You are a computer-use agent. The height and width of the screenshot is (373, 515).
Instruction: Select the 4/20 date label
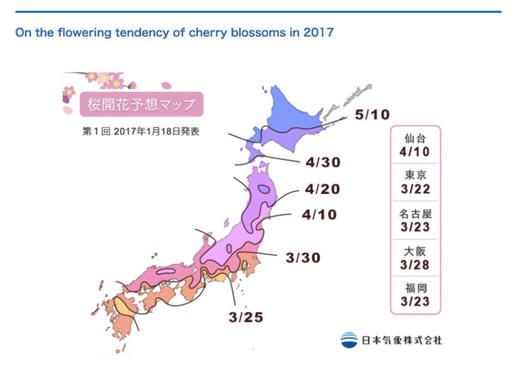[x=322, y=190]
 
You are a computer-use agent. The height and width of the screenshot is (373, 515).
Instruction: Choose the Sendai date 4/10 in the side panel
[x=415, y=151]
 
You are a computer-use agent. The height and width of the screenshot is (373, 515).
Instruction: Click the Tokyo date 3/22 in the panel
[x=415, y=189]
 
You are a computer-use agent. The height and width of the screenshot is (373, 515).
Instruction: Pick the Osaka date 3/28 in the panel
[x=415, y=264]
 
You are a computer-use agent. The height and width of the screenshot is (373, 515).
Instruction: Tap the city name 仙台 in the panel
[x=415, y=138]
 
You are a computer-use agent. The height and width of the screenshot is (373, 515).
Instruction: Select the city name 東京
[x=415, y=176]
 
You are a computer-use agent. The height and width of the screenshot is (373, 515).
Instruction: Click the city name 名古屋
[x=415, y=213]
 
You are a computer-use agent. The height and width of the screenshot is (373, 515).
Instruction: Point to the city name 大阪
[x=415, y=251]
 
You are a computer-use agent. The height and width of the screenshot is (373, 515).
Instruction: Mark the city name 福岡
[x=415, y=289]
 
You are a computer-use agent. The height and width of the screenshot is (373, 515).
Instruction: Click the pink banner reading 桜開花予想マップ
[x=141, y=104]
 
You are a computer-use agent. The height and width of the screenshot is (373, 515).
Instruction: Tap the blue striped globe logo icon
[x=349, y=339]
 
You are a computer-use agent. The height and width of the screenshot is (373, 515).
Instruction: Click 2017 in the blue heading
[x=318, y=32]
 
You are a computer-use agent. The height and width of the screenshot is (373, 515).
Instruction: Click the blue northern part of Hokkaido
[x=288, y=114]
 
